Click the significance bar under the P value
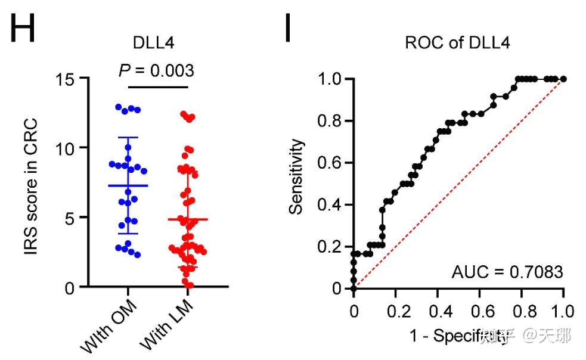157,87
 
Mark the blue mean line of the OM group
128,185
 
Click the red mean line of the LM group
188,219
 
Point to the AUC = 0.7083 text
507,272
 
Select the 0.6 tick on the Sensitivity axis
332,163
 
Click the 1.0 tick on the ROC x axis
563,311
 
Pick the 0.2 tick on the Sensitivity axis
332,247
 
